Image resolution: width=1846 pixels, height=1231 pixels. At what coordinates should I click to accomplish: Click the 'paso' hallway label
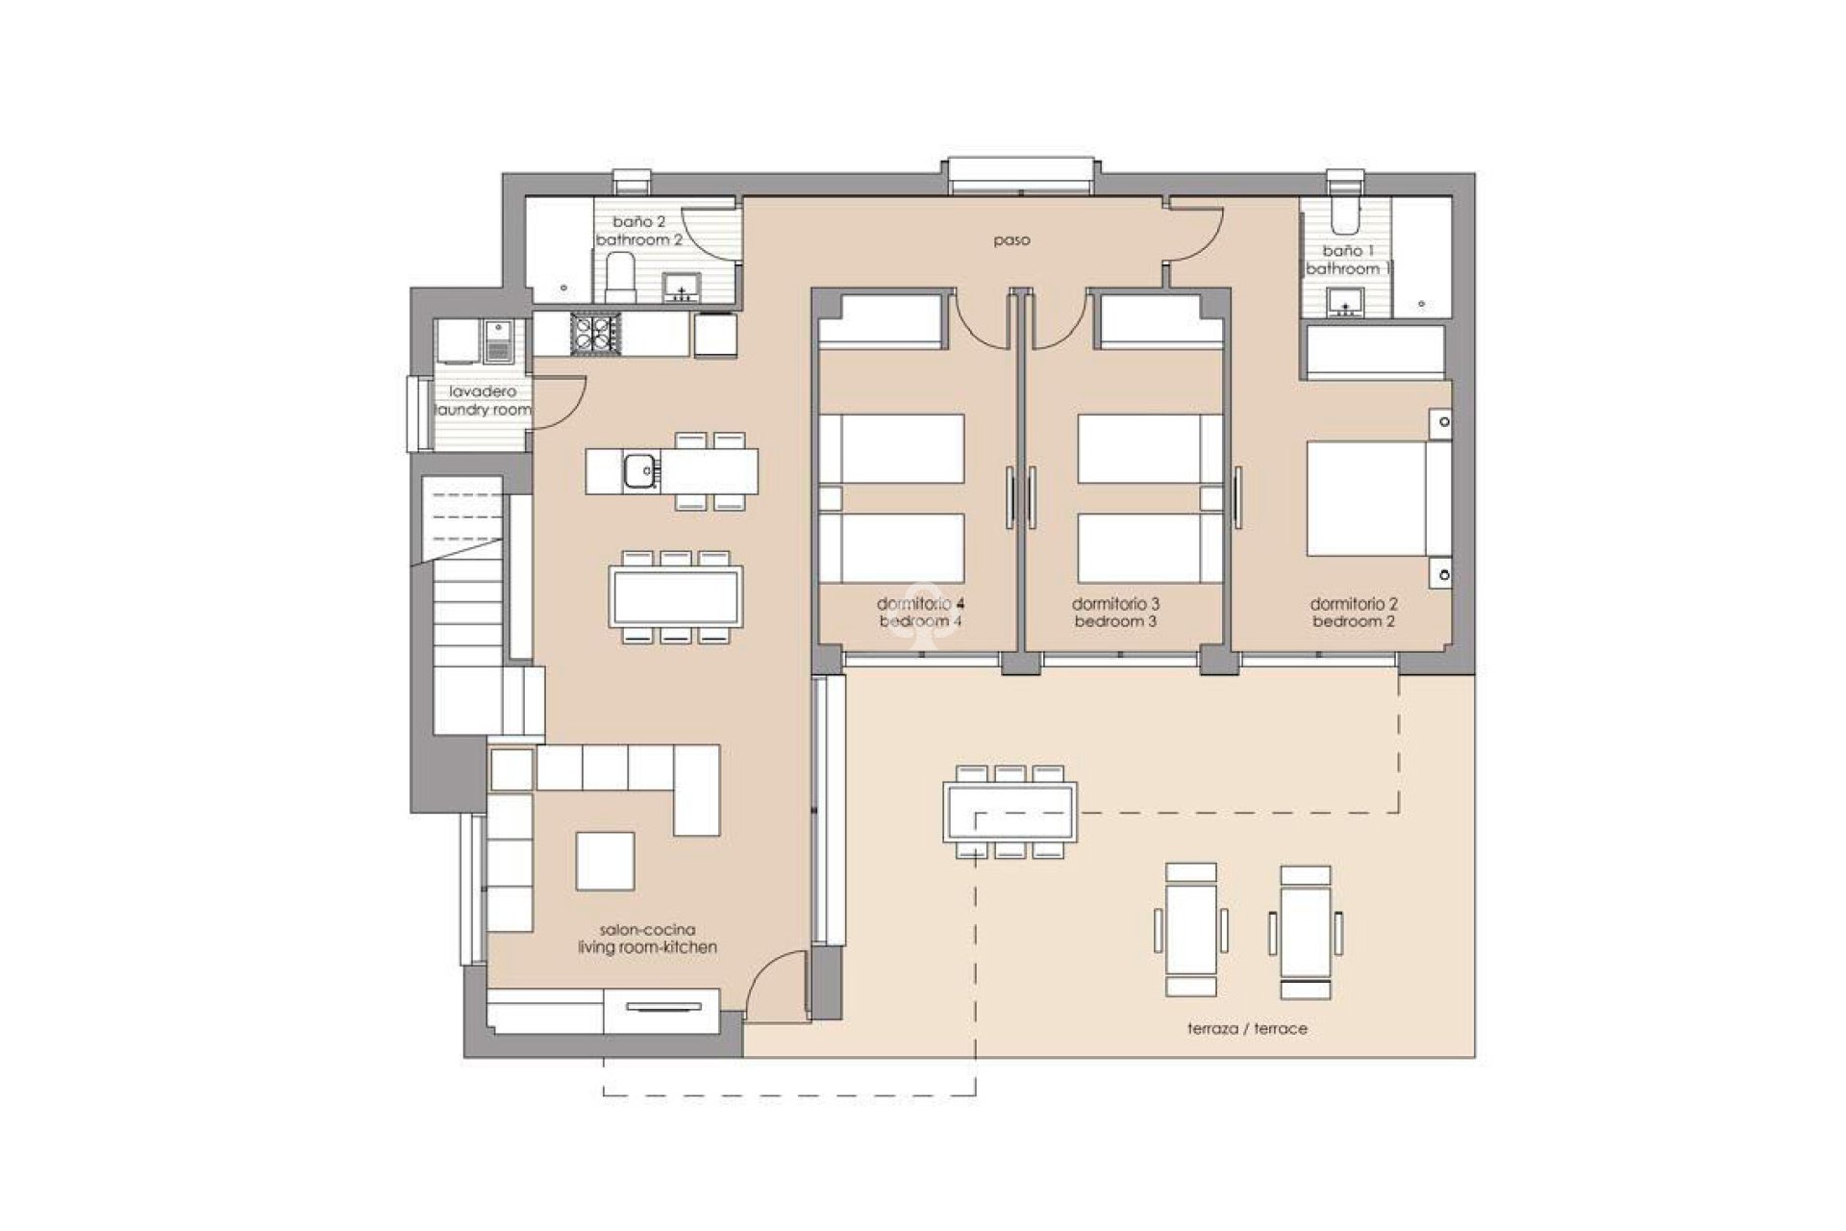[1011, 240]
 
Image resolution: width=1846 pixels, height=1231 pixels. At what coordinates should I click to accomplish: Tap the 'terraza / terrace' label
[1247, 1028]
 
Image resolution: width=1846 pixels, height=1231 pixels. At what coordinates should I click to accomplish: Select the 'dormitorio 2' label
[1354, 605]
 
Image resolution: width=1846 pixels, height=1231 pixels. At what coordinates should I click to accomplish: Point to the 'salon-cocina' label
[647, 930]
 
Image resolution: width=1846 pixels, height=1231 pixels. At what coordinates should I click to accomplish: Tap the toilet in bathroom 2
[621, 279]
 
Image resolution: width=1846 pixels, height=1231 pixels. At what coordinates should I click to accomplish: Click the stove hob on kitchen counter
[594, 334]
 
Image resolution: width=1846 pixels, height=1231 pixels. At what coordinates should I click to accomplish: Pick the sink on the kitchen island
[638, 471]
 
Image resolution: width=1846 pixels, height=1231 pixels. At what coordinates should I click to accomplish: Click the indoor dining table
[676, 596]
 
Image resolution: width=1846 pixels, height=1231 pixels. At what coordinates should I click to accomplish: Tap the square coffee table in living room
[605, 861]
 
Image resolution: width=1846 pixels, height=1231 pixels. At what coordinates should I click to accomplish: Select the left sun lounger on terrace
[1191, 929]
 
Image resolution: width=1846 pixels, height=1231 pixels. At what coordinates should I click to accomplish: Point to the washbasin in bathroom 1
[1344, 303]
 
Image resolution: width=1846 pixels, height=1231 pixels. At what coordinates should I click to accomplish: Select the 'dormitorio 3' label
[1115, 605]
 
